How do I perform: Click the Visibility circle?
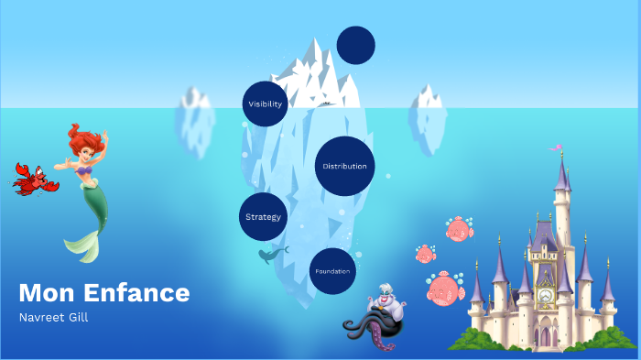[266, 104]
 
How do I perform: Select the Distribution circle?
[345, 166]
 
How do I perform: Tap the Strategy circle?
[263, 217]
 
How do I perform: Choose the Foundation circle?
[332, 271]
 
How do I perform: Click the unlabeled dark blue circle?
[356, 46]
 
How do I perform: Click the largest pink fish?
[445, 289]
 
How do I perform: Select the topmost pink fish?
[459, 229]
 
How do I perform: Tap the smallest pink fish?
[425, 254]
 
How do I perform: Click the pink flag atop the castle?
[554, 147]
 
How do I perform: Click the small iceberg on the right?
[428, 109]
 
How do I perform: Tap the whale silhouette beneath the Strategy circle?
[272, 254]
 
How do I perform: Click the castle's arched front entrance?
[546, 336]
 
